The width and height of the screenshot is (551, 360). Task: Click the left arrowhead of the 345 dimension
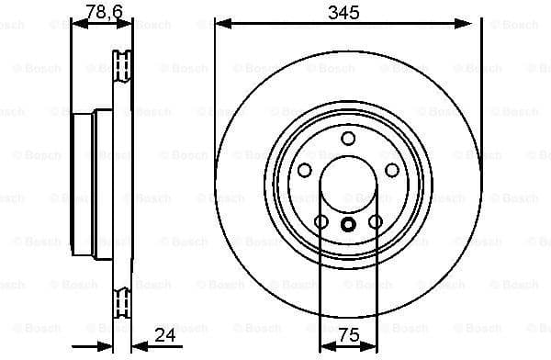[221, 23]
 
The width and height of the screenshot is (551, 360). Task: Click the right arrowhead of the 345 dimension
[474, 23]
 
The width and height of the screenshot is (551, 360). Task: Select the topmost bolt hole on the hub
[348, 139]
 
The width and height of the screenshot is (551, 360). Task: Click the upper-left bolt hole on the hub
[305, 170]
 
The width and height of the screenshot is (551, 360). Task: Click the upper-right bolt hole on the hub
[391, 170]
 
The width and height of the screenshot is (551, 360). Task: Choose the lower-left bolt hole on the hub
[321, 221]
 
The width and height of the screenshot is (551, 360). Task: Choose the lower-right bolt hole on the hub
[375, 221]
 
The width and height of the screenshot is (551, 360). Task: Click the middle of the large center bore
[348, 185]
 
